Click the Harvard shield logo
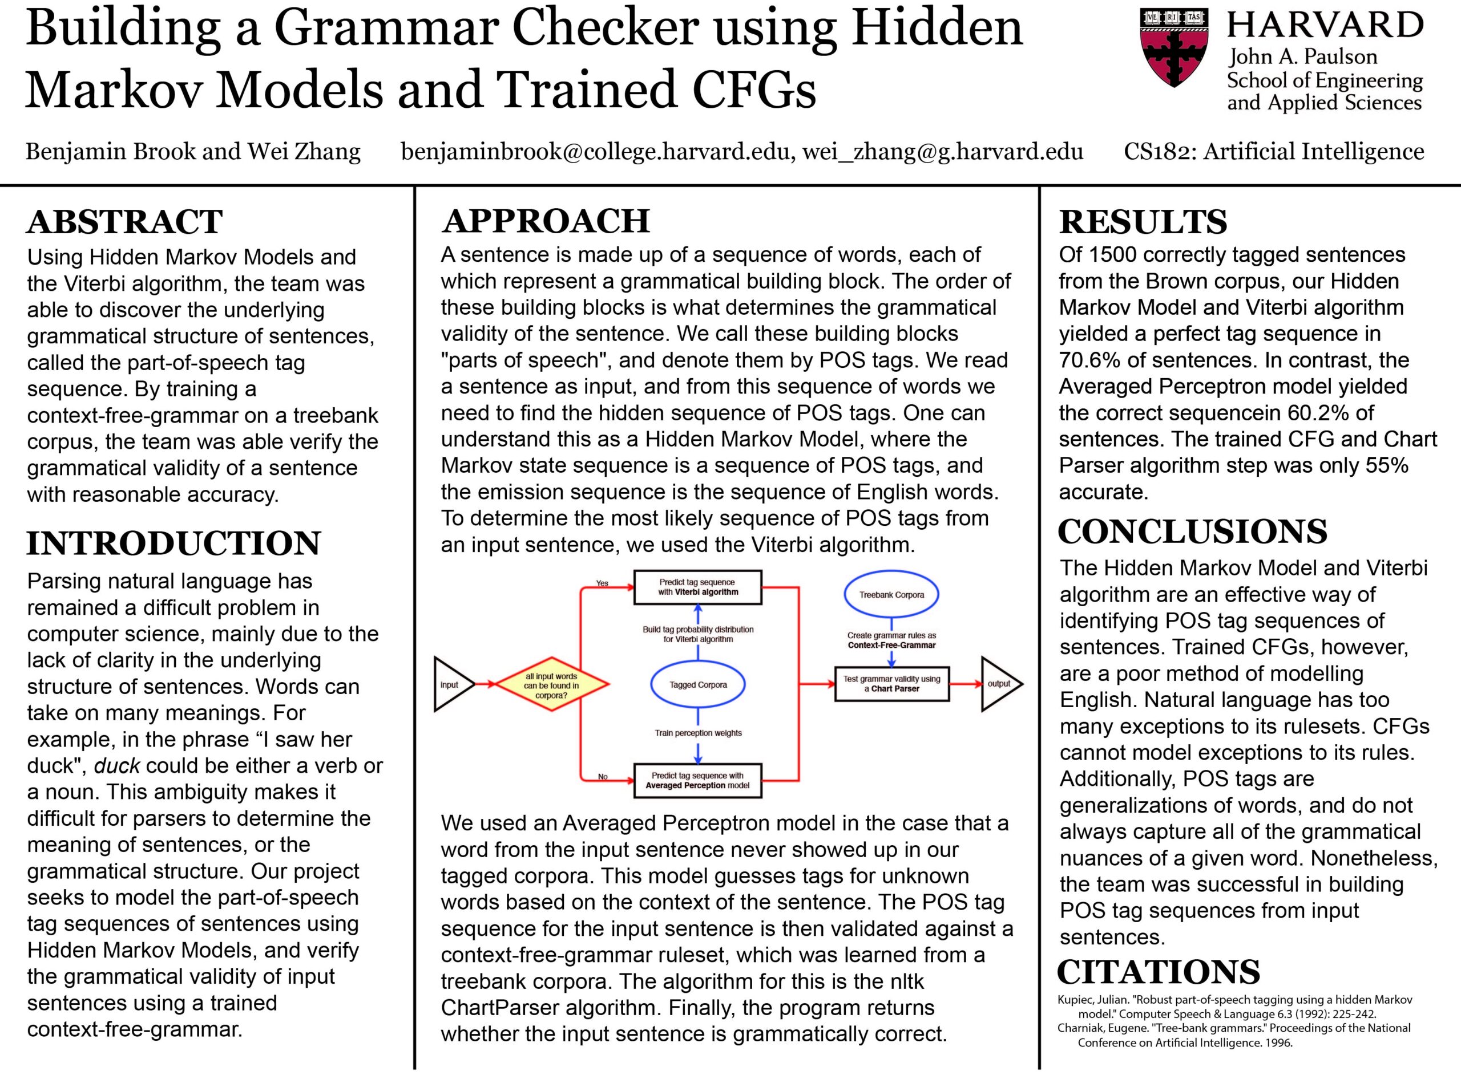click(1174, 47)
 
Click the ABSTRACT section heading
click(124, 222)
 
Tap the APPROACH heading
click(546, 221)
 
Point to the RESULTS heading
click(1143, 222)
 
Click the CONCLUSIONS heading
click(1192, 532)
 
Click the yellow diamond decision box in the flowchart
click(551, 684)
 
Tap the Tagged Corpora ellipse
click(698, 684)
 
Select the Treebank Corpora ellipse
click(891, 595)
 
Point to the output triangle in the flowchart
click(999, 683)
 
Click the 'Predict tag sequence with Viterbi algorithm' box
click(697, 587)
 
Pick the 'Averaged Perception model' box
click(697, 780)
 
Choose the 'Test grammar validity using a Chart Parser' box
click(891, 683)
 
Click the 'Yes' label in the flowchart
click(602, 583)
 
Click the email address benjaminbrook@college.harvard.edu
click(597, 152)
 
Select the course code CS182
click(1157, 152)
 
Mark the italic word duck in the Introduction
click(117, 766)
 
